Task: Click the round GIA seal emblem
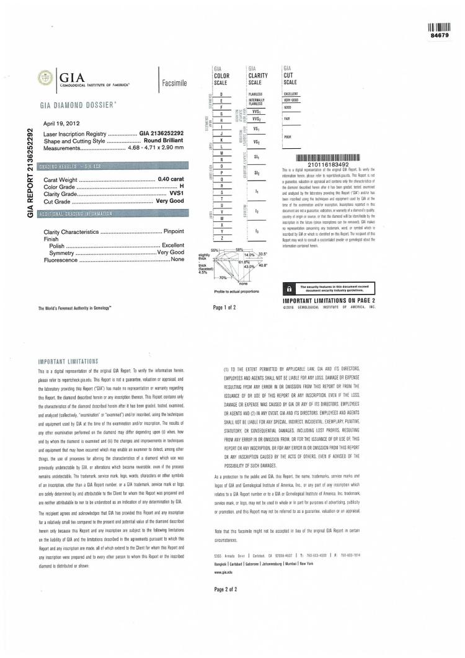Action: pos(46,78)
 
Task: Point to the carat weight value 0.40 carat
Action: pos(171,179)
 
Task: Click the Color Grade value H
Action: pos(182,187)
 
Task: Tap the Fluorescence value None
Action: pos(177,259)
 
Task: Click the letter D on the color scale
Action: pos(221,94)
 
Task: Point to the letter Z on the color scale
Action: pos(221,238)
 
